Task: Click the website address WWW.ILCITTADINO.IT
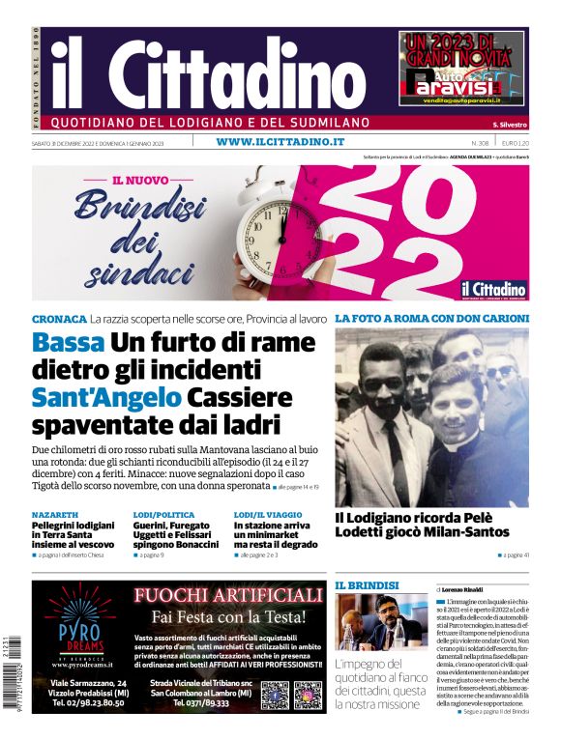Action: tap(280, 142)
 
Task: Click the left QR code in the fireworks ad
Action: tap(274, 695)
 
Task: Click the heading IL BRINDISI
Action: tap(367, 585)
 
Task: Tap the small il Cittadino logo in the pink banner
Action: tap(492, 288)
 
